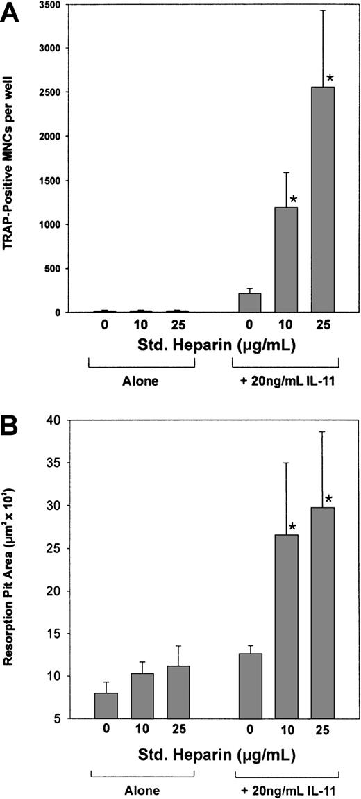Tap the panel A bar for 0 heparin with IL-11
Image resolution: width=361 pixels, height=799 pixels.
click(249, 303)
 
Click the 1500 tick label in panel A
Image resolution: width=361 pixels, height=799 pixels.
click(55, 181)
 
